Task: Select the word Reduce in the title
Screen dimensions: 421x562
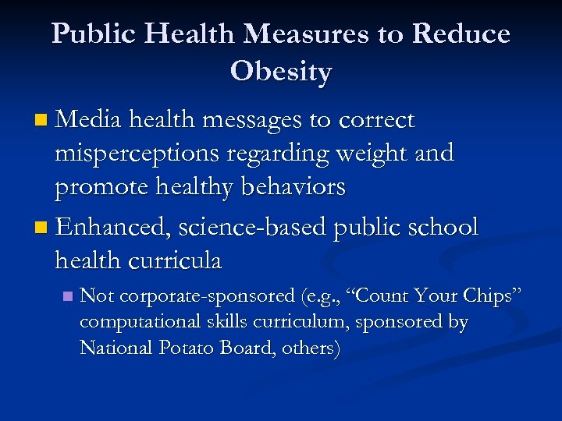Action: (x=461, y=34)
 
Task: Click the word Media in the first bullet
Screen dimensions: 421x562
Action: (x=89, y=121)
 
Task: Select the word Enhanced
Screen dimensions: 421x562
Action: (x=114, y=227)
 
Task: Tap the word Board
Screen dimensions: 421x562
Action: (x=243, y=348)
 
